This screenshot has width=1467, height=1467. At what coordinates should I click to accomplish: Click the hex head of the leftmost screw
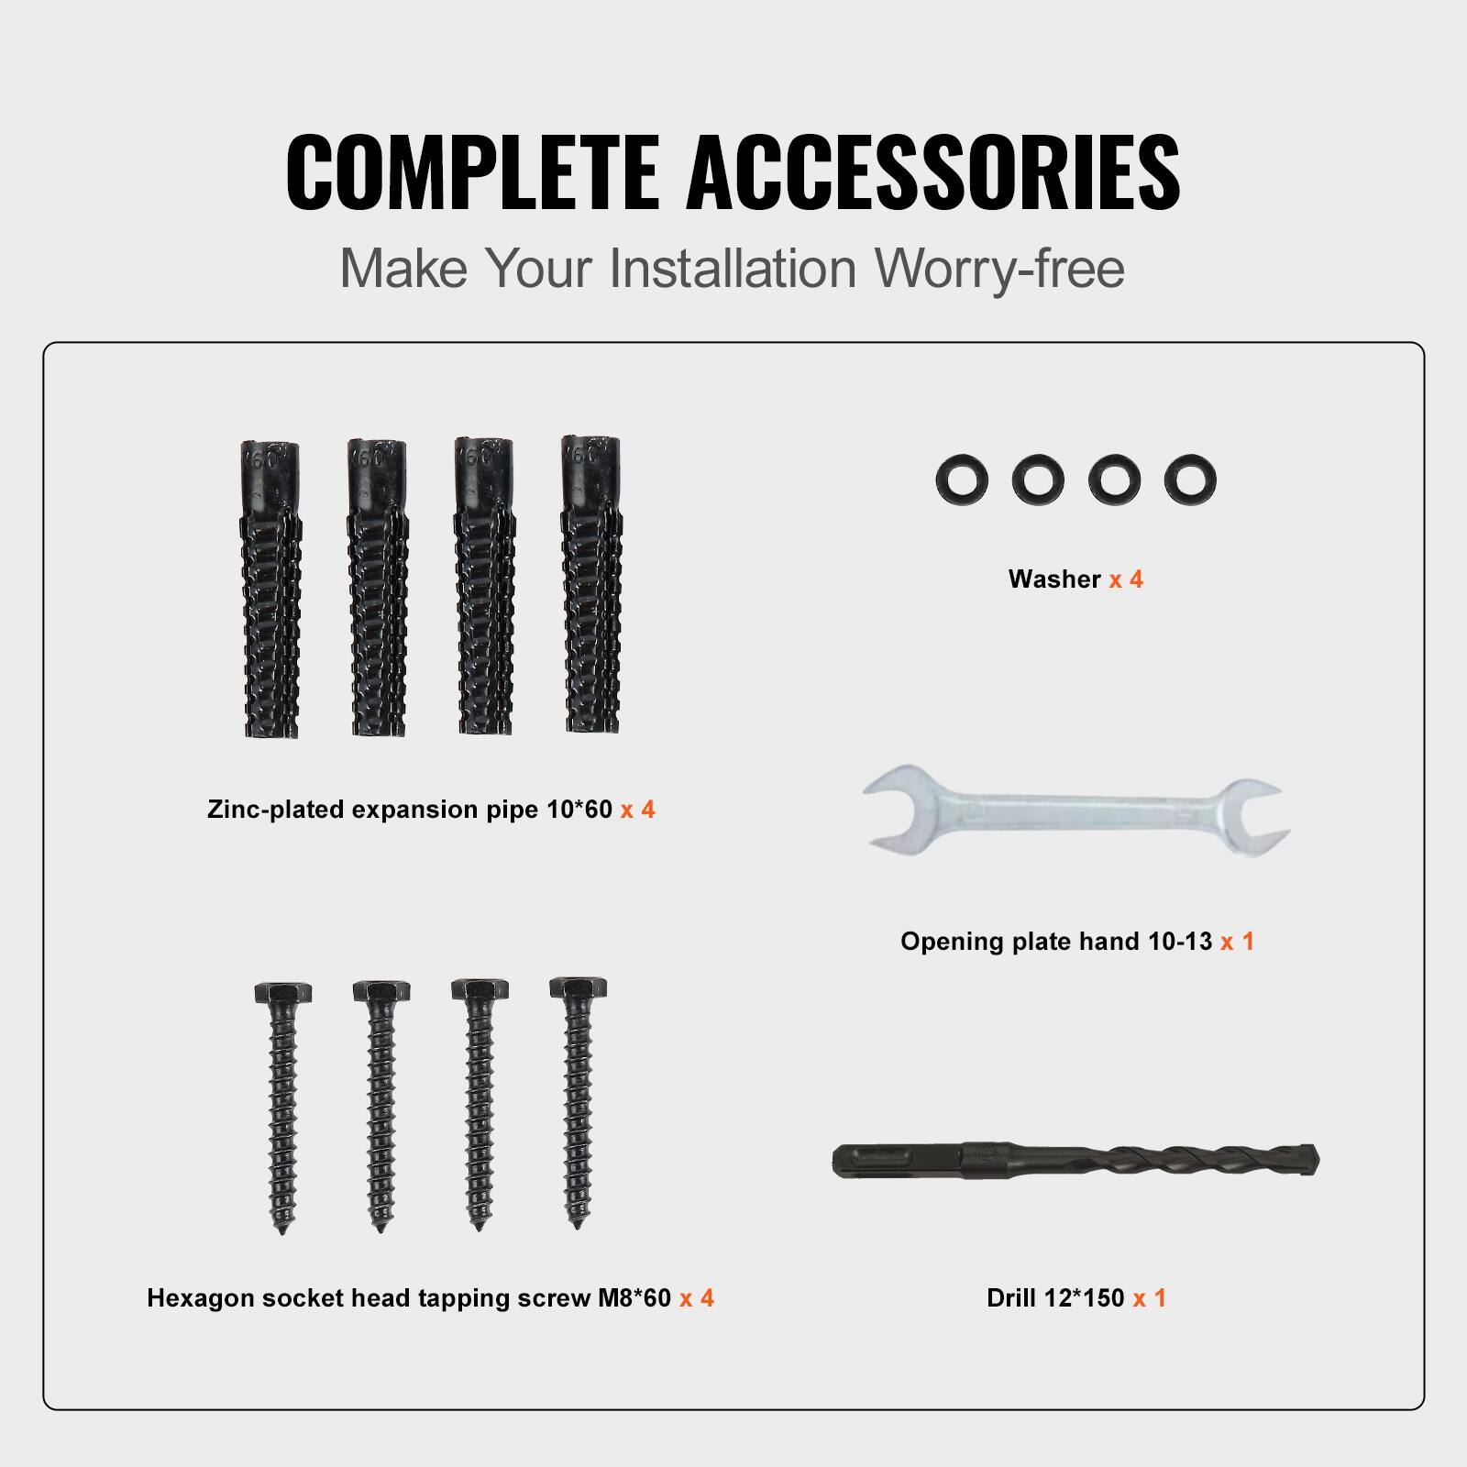click(x=281, y=993)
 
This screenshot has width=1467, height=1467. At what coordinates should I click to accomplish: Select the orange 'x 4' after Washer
click(x=1126, y=579)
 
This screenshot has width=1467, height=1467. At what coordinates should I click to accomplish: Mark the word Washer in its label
click(x=1054, y=579)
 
